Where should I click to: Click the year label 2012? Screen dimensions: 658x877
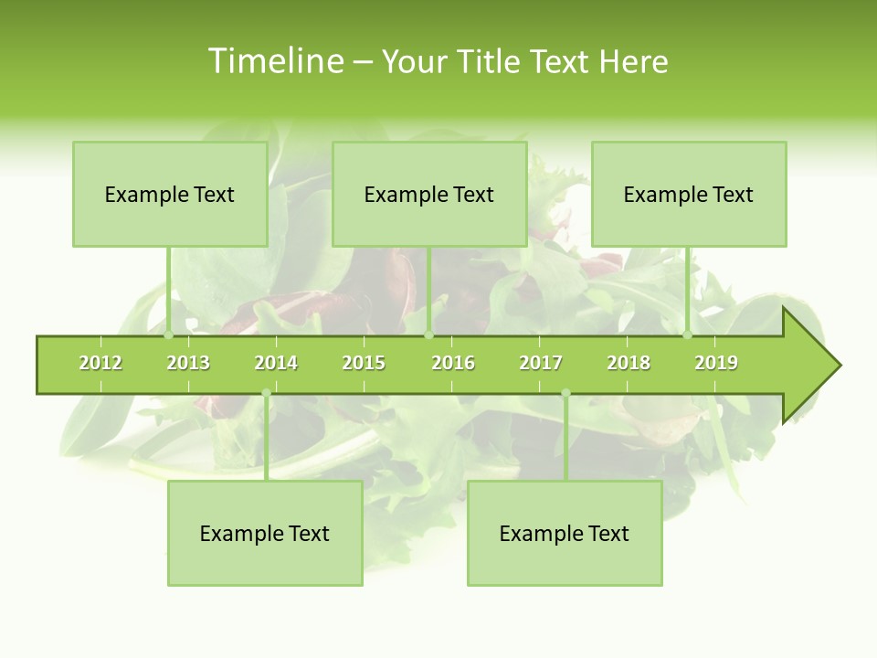point(100,364)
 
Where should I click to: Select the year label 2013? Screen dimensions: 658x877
point(188,364)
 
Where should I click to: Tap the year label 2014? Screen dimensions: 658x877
point(276,364)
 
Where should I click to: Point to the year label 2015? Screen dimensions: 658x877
point(364,364)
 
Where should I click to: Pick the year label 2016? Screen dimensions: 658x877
point(453,364)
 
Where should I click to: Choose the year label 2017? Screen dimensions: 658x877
point(541,364)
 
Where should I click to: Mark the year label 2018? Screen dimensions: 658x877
point(629,364)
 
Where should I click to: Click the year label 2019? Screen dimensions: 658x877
point(716,364)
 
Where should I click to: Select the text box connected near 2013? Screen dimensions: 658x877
point(170,194)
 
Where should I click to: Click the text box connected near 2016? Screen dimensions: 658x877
point(429,194)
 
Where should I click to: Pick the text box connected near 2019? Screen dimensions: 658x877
point(689,194)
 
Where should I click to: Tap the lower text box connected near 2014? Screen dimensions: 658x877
point(265,534)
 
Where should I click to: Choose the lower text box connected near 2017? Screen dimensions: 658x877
point(565,534)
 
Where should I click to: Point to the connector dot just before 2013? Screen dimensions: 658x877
point(169,335)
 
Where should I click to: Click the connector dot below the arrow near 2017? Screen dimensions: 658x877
point(565,393)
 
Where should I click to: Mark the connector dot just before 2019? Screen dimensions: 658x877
point(688,335)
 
